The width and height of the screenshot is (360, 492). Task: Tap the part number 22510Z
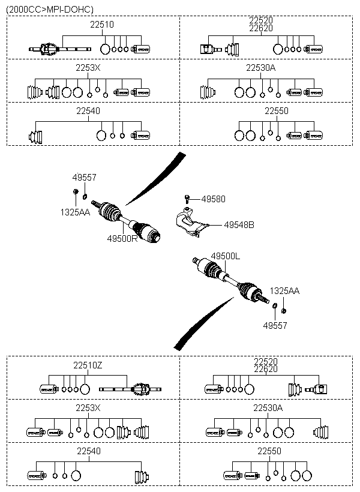[x=88, y=365]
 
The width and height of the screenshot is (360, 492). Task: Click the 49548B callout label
[x=239, y=225]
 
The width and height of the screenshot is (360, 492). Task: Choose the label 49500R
[x=122, y=238]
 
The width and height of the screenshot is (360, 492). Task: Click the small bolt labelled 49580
[x=188, y=198]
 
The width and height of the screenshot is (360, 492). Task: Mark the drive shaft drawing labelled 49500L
[x=231, y=280]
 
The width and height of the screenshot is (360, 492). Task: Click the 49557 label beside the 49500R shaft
[x=84, y=178]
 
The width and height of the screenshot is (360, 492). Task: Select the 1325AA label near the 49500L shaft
[x=284, y=291]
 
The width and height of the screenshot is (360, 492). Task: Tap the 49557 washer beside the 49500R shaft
[x=85, y=194]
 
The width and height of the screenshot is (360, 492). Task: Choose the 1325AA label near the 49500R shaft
[x=74, y=212]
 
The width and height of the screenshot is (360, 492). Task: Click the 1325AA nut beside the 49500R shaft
[x=76, y=191]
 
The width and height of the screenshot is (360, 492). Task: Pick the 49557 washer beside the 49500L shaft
[x=275, y=307]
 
